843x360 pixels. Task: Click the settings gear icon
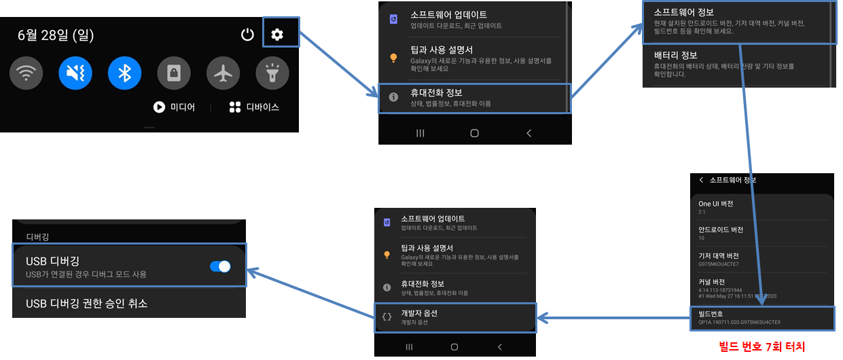pyautogui.click(x=277, y=35)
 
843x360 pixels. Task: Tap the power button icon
pyautogui.click(x=247, y=35)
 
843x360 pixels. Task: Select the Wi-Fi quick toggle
pyautogui.click(x=26, y=73)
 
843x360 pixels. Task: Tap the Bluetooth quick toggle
pyautogui.click(x=124, y=73)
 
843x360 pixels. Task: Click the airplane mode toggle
pyautogui.click(x=223, y=73)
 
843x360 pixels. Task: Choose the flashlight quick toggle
pyautogui.click(x=272, y=73)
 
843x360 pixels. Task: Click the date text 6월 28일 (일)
pyautogui.click(x=56, y=35)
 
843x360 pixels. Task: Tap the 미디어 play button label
pyautogui.click(x=175, y=107)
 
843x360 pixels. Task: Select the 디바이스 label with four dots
pyautogui.click(x=254, y=107)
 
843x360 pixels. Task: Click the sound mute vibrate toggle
pyautogui.click(x=75, y=73)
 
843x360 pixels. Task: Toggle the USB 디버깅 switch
pyautogui.click(x=220, y=266)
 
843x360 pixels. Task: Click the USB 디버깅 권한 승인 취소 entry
pyautogui.click(x=86, y=303)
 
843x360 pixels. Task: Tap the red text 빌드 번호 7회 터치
pyautogui.click(x=761, y=346)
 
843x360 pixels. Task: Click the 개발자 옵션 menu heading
pyautogui.click(x=419, y=313)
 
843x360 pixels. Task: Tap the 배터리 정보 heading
pyautogui.click(x=675, y=55)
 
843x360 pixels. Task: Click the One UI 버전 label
pyautogui.click(x=715, y=204)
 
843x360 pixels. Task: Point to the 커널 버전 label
pyautogui.click(x=711, y=282)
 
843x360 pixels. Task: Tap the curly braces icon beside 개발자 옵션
pyautogui.click(x=387, y=317)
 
